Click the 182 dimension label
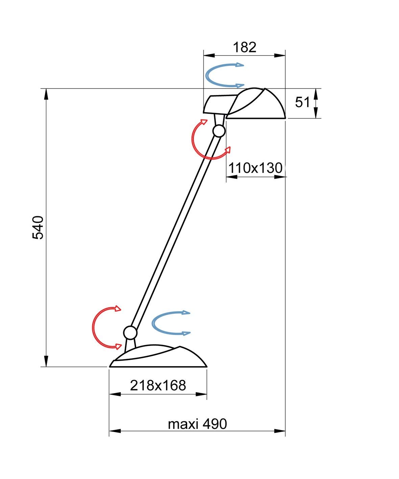coord(245,47)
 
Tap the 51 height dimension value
coord(302,102)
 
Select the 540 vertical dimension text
coord(38,227)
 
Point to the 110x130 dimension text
coord(255,168)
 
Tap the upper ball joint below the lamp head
coord(219,131)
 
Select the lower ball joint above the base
coord(130,332)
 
